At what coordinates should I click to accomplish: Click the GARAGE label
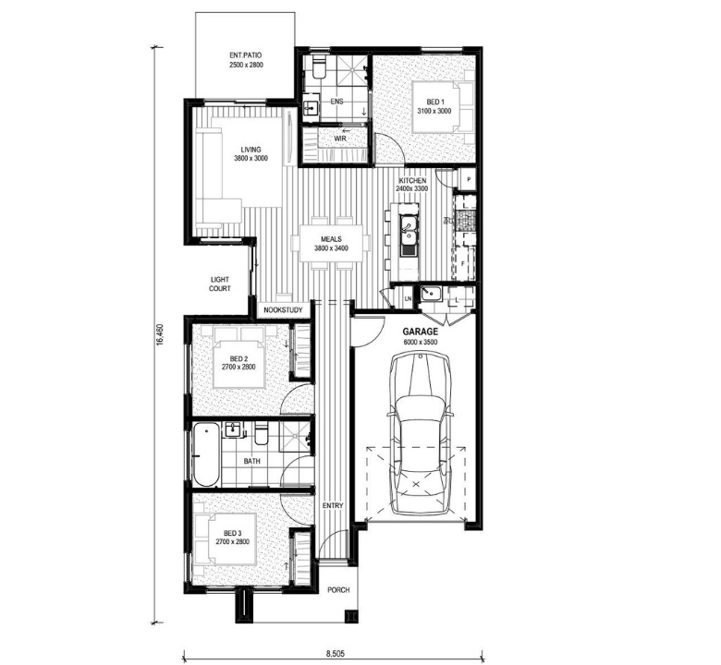(x=421, y=332)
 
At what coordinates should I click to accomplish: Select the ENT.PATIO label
(x=246, y=55)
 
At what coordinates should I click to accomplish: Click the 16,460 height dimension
(x=160, y=334)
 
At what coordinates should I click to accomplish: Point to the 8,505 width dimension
(x=335, y=653)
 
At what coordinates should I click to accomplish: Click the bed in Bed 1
(x=443, y=107)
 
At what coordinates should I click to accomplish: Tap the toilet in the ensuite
(x=318, y=67)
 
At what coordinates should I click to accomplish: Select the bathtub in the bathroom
(x=205, y=454)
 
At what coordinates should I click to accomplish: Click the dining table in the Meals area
(x=331, y=243)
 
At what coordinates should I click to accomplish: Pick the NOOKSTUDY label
(x=283, y=310)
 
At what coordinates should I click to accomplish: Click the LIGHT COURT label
(x=220, y=284)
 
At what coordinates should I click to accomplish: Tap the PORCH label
(x=338, y=590)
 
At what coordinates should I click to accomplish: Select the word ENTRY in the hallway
(x=333, y=506)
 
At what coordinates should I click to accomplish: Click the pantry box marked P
(x=469, y=180)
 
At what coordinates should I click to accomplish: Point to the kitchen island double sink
(x=408, y=236)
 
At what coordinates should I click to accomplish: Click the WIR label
(x=340, y=139)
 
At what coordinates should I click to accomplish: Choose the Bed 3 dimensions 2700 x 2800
(x=233, y=542)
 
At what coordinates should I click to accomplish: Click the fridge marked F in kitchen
(x=464, y=263)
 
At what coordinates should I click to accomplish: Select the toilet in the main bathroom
(x=261, y=434)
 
